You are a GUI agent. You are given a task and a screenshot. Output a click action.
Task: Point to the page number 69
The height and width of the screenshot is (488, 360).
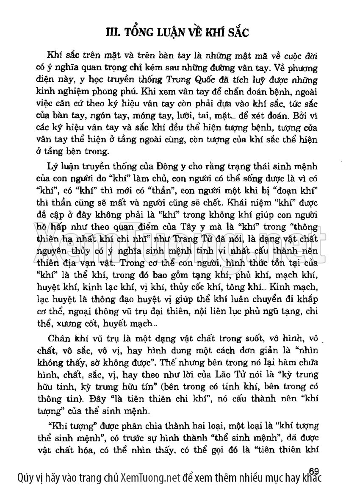pyautogui.click(x=314, y=471)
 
